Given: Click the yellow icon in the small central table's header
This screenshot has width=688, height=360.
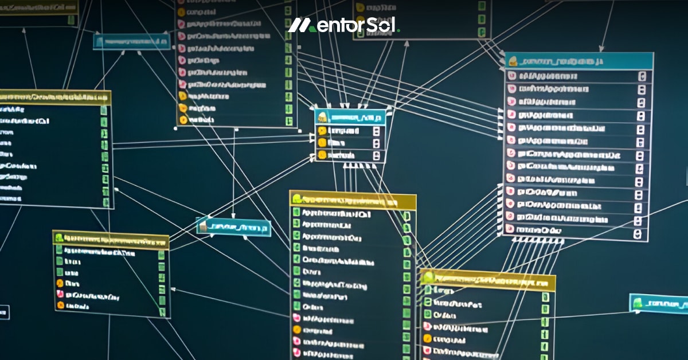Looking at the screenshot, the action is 323,117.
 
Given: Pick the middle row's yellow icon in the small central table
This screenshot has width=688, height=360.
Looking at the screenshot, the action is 322,143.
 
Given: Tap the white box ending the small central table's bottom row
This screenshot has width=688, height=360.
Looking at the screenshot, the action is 376,155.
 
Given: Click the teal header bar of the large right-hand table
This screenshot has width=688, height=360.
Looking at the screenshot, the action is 579,61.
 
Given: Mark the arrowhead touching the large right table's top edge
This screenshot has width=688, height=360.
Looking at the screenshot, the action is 600,50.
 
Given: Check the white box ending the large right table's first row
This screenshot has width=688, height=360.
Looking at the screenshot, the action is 642,76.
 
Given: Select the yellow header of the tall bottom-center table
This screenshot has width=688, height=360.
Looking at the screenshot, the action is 353,199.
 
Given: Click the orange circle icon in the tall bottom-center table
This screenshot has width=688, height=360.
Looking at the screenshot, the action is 297,330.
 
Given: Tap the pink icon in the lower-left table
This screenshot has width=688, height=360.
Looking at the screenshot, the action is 59,295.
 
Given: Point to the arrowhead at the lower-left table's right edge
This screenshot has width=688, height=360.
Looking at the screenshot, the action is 173,290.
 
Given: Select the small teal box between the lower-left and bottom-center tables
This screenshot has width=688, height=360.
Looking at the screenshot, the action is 233,227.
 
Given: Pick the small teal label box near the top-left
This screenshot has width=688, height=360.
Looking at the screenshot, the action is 132,41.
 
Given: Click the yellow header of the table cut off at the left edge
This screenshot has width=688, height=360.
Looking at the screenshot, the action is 55,97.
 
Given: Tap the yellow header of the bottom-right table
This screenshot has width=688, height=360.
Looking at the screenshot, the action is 488,279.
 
